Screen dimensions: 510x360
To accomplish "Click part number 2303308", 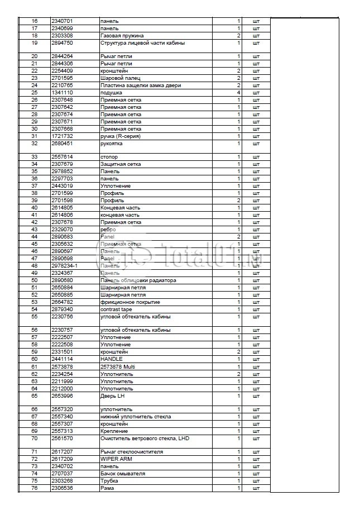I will tap(62, 36).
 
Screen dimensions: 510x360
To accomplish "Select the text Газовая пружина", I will tap(121, 36).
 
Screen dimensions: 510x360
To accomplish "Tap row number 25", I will tap(35, 93).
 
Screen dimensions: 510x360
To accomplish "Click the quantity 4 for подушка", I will tap(238, 93).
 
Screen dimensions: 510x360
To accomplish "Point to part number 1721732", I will tap(62, 136).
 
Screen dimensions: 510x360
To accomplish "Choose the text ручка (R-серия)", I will tap(121, 136).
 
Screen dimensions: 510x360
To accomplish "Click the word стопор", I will tap(109, 157).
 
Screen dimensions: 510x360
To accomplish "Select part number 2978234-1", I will tap(64, 266).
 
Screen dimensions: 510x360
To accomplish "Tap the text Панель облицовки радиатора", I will tap(138, 280).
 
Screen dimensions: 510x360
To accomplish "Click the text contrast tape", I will tap(116, 309).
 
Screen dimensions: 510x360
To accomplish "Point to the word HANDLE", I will tap(111, 359).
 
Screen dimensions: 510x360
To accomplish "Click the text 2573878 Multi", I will tap(118, 366).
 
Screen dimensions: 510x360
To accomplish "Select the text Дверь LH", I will tap(112, 395).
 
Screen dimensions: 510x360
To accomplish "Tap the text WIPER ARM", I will tap(116, 459).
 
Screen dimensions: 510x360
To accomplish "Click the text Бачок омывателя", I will tap(123, 474).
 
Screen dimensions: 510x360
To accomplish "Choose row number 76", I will tap(35, 488).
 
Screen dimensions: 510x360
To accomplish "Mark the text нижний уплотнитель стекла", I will tap(136, 417).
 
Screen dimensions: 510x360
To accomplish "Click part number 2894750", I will tap(62, 43).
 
